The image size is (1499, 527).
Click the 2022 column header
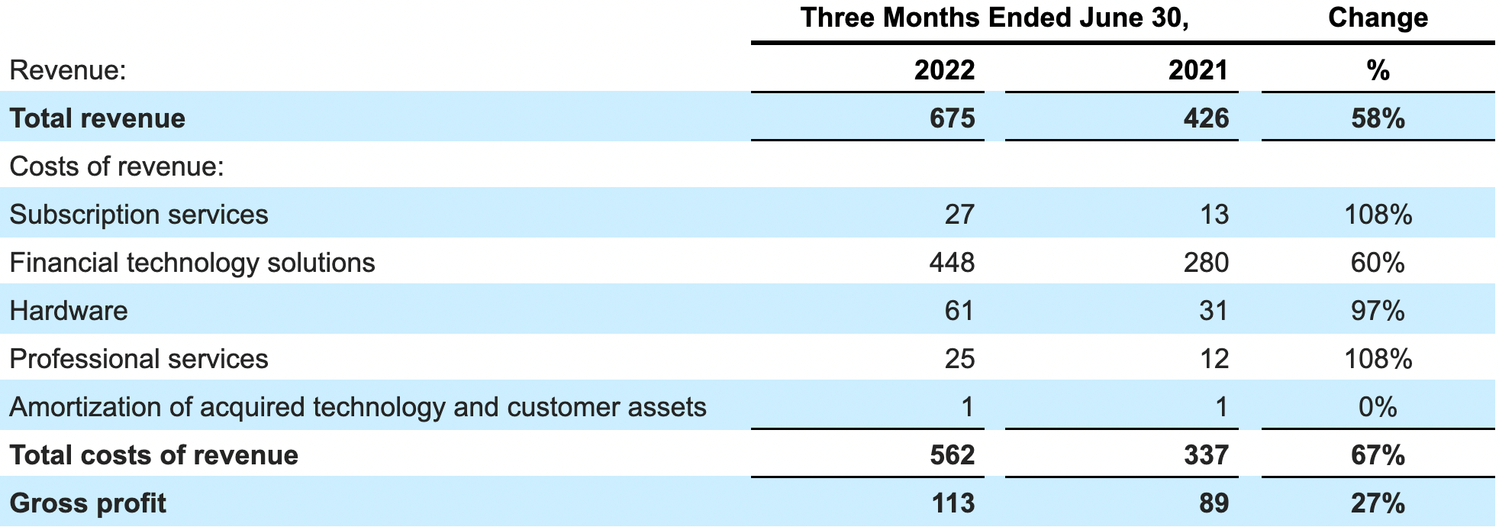(944, 70)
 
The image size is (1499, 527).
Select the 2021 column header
(1198, 70)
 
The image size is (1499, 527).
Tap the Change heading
(1378, 18)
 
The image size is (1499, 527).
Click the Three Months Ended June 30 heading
(994, 18)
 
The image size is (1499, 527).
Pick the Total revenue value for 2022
(952, 118)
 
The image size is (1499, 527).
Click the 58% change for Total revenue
(1378, 118)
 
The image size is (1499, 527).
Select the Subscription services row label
(139, 215)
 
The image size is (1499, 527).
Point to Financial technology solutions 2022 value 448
(952, 263)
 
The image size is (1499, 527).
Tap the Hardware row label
(69, 311)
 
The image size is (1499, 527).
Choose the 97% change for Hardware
(1378, 311)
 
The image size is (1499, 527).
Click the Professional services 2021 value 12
(1214, 359)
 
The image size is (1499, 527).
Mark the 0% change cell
(1378, 407)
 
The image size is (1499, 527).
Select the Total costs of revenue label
(153, 455)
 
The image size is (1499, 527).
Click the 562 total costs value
(952, 455)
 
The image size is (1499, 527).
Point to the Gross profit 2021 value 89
(1214, 503)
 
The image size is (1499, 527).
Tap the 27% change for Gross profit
(1378, 503)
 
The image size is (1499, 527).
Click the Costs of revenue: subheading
(117, 167)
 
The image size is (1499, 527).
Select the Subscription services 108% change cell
(1378, 215)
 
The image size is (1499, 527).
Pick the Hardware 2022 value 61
(959, 311)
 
